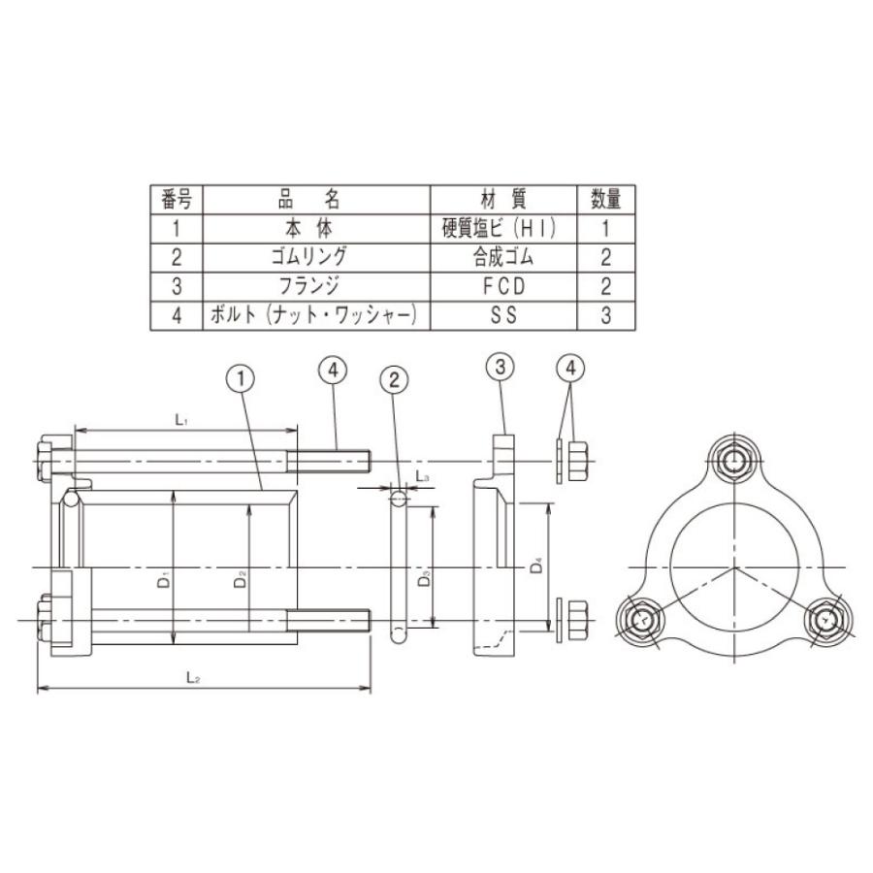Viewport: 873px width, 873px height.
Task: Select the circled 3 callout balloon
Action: coord(499,368)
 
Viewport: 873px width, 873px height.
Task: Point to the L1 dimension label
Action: coord(180,419)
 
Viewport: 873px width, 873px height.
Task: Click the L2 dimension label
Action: coord(194,679)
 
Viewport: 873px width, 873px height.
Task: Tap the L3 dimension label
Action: coord(422,476)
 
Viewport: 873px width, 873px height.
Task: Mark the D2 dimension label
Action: coord(242,581)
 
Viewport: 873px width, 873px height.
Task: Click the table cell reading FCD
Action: coord(502,287)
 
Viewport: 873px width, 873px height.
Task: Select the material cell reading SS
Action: coord(502,316)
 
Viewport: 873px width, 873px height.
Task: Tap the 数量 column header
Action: coord(606,200)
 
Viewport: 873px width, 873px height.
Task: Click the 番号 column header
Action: coord(176,200)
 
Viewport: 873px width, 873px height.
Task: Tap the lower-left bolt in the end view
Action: coord(641,618)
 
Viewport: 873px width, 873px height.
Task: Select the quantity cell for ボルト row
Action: coord(606,316)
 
